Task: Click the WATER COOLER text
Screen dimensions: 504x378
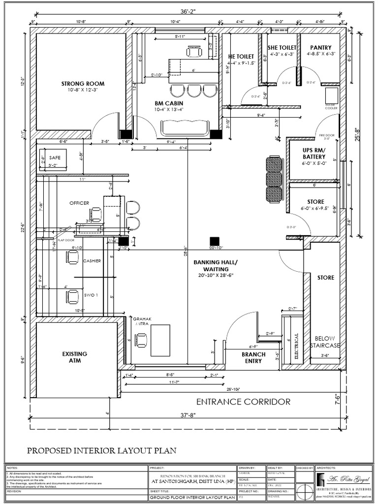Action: click(x=330, y=106)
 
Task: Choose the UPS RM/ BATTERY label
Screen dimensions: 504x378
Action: click(x=314, y=153)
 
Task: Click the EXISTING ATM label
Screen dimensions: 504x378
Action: click(x=75, y=357)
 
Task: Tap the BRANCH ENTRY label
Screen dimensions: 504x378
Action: click(x=253, y=357)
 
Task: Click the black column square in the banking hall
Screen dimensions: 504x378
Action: click(x=214, y=241)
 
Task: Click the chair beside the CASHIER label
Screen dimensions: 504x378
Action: click(x=73, y=256)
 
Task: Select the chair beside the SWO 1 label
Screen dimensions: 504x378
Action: click(x=73, y=296)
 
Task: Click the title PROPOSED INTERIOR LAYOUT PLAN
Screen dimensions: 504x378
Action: click(x=101, y=450)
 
